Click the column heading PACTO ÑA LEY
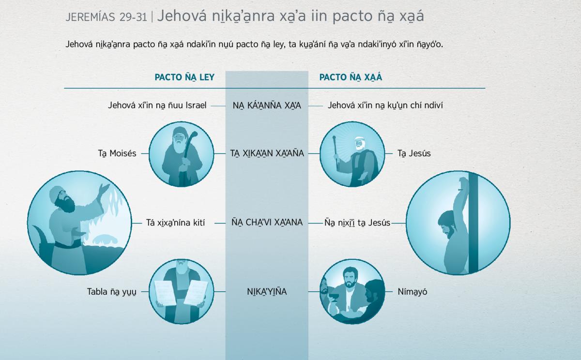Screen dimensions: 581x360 [184, 77]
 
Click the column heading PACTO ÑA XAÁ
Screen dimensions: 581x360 [351, 77]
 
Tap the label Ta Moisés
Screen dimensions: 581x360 [117, 153]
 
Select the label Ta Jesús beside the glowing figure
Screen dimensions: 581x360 [414, 153]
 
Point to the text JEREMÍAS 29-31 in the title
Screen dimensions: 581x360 [106, 17]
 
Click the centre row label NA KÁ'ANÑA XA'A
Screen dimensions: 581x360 [267, 106]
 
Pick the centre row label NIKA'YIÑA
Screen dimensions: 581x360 [267, 292]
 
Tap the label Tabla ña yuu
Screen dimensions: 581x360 [111, 292]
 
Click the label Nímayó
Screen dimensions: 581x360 [413, 292]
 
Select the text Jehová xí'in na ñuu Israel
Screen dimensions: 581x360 [157, 105]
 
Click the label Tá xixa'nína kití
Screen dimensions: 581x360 [175, 223]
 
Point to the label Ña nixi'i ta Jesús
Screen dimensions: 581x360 [357, 223]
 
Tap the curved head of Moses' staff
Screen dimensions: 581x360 [193, 135]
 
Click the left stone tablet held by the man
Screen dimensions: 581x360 [165, 293]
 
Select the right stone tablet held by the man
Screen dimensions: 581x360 [197, 293]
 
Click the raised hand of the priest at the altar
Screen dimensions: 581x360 [105, 188]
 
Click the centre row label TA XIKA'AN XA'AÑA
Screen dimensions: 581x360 [267, 153]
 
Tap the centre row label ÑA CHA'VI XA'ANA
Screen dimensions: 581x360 [267, 223]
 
